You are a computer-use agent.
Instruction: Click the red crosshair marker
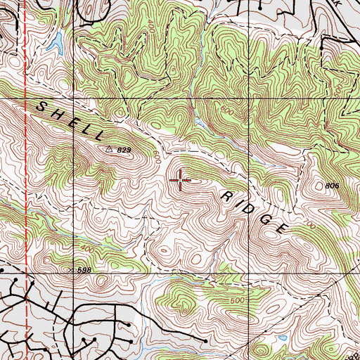[181, 181]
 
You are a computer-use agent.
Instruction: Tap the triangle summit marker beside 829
[109, 150]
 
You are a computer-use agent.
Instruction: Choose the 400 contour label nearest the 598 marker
[88, 249]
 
